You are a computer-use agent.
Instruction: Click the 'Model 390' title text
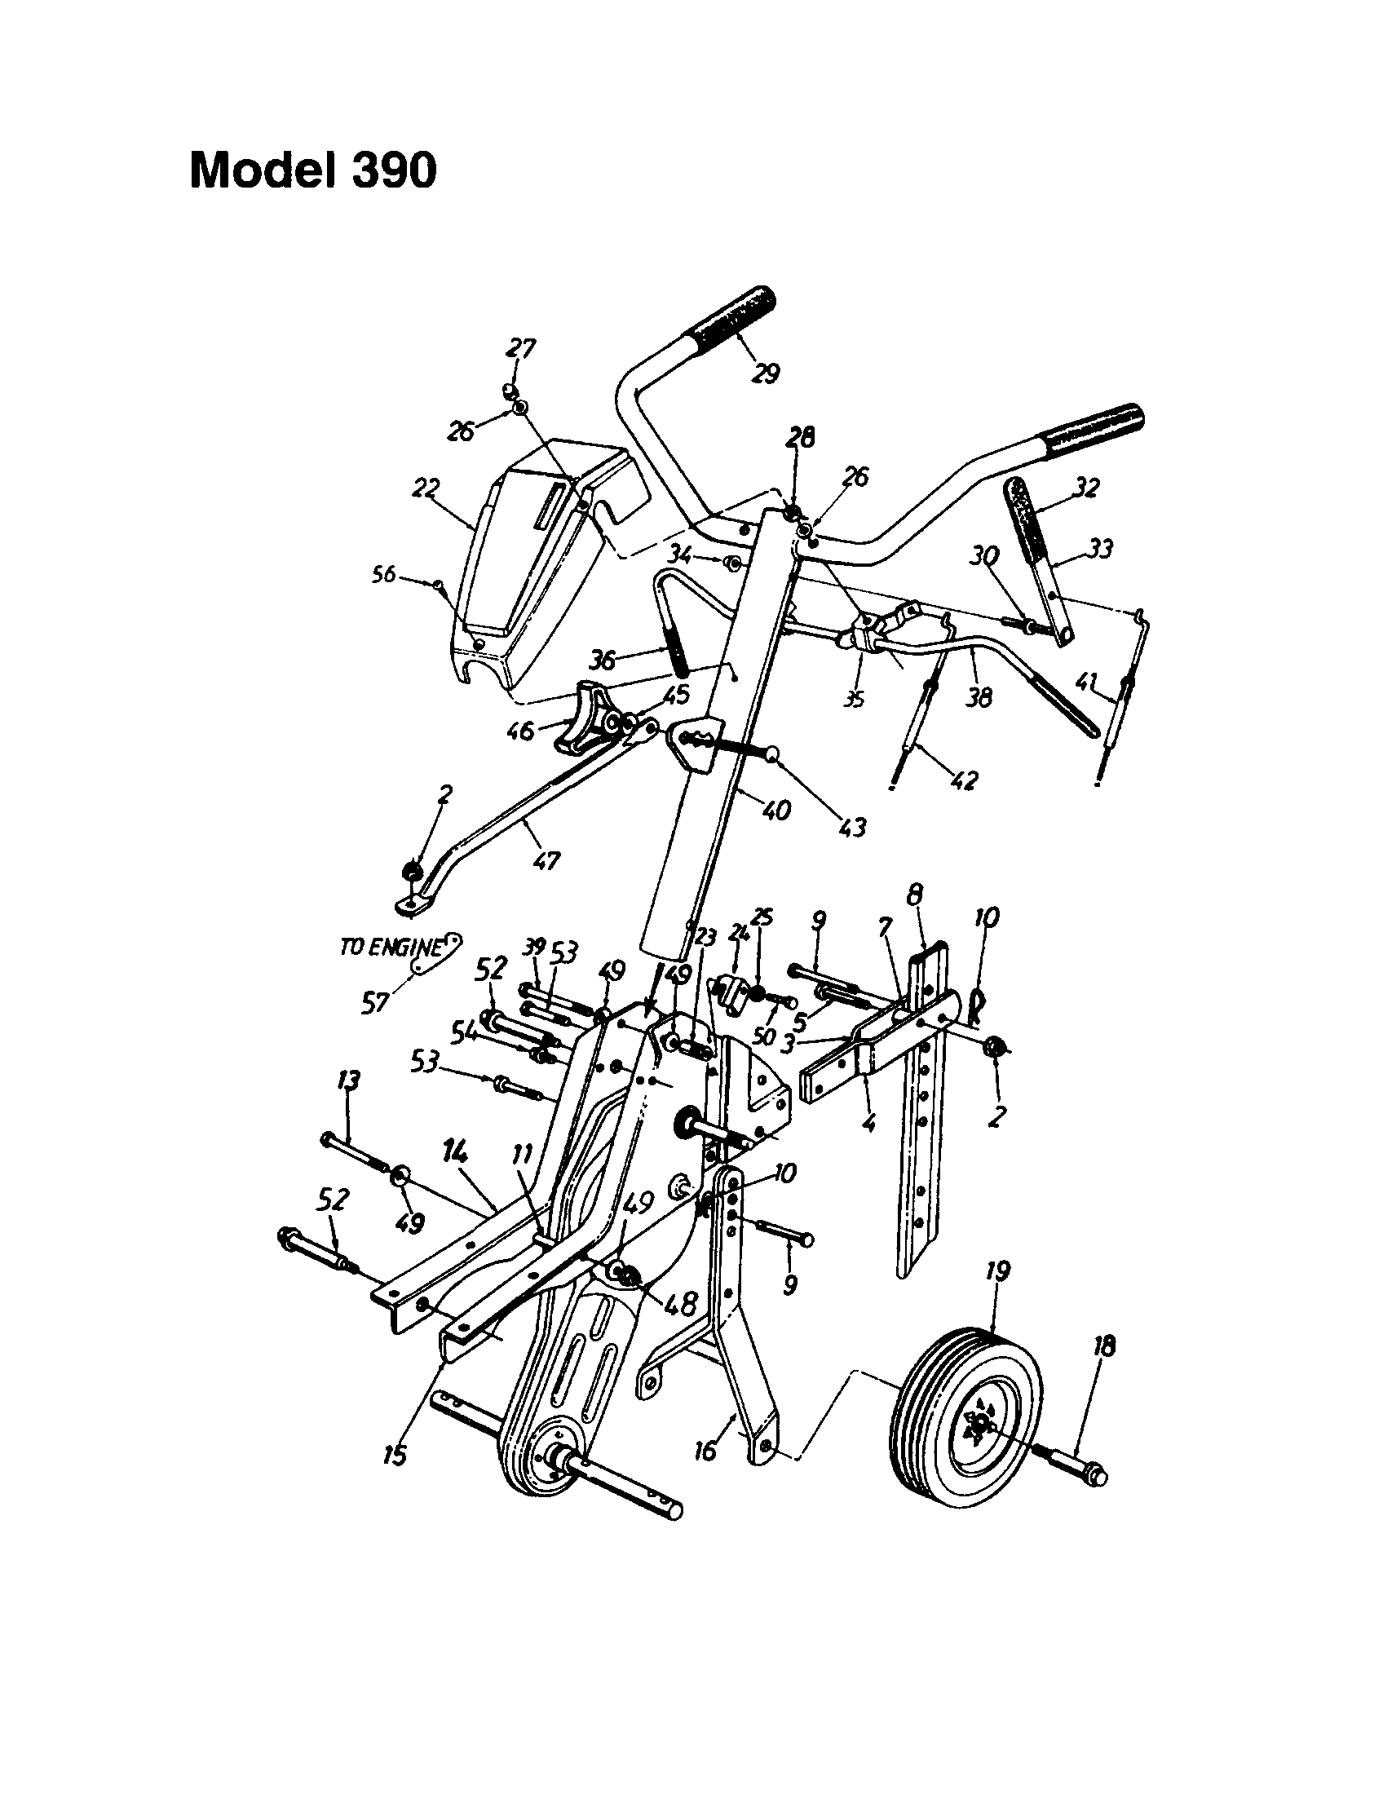tap(313, 171)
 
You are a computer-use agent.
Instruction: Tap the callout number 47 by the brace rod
tap(547, 861)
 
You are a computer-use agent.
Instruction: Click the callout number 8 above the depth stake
tap(917, 894)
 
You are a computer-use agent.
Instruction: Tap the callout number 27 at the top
tap(521, 349)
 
